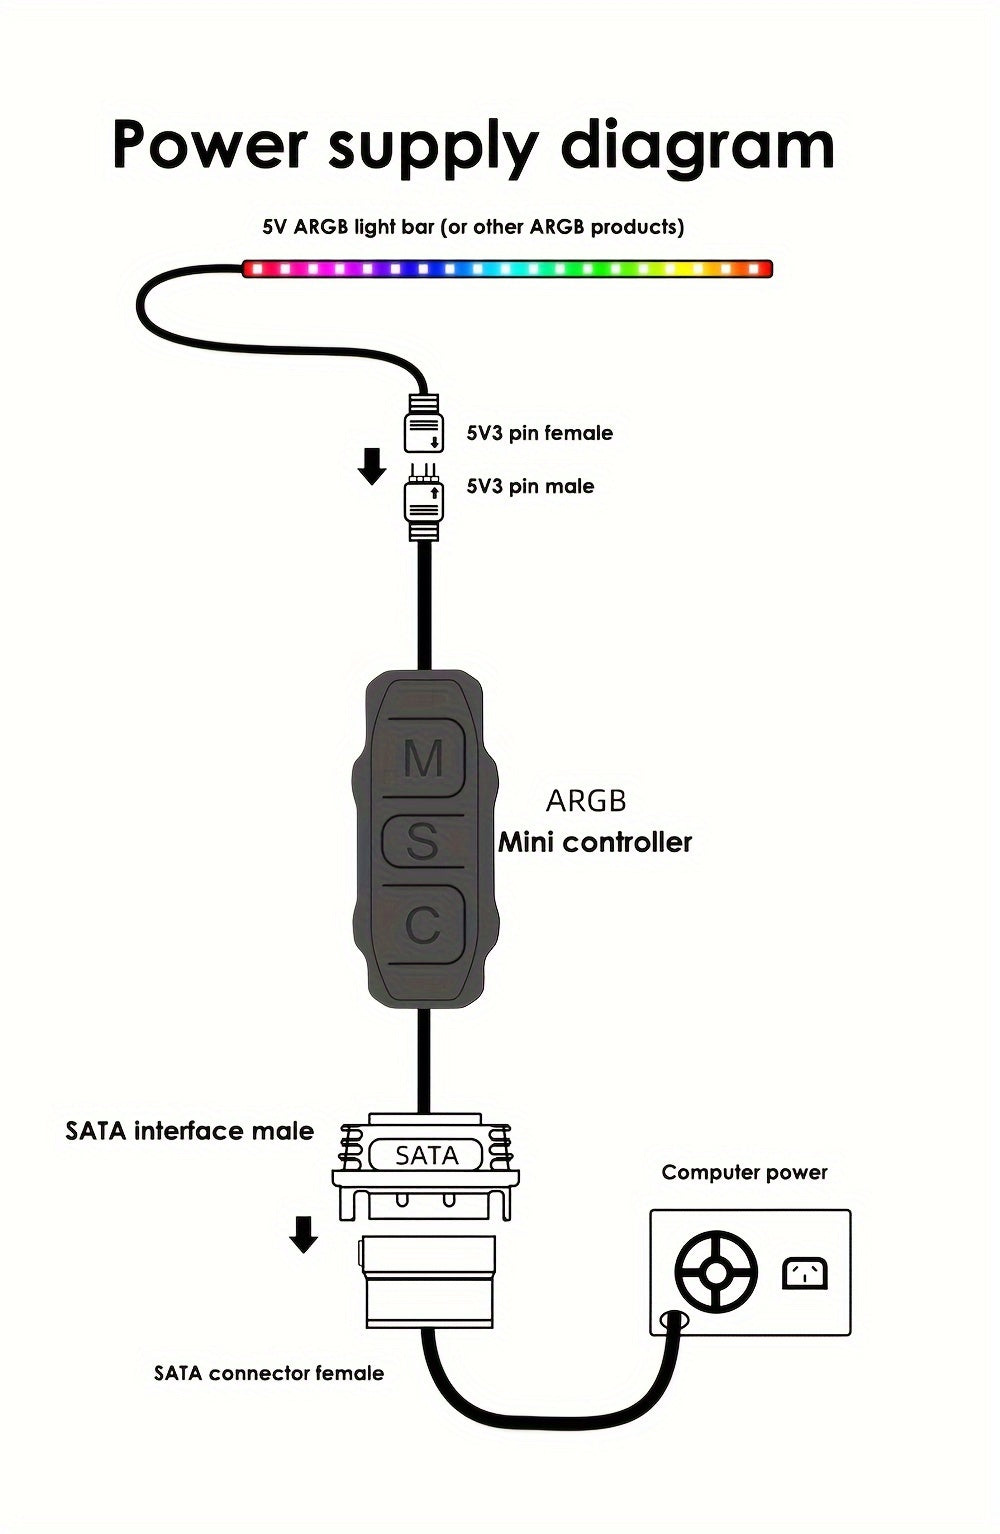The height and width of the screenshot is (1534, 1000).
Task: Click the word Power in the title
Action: click(209, 145)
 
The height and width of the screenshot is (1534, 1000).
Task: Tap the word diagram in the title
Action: click(697, 147)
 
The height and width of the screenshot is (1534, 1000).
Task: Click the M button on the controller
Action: click(424, 758)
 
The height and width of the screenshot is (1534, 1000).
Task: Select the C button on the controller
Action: click(424, 926)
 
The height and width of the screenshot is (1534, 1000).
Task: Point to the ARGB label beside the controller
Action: click(586, 801)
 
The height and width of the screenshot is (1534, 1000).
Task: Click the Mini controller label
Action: click(595, 842)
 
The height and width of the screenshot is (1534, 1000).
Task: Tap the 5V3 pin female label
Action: click(540, 433)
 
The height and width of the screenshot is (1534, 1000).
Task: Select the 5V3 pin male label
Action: click(530, 486)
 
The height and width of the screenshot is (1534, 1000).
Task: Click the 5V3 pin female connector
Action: click(423, 426)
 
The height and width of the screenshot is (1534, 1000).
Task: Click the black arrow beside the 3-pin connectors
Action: click(372, 466)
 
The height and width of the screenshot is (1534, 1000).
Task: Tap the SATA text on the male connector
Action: click(426, 1156)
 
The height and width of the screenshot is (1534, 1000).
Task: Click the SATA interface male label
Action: click(190, 1131)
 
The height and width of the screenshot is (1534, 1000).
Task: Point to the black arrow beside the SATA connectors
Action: click(303, 1234)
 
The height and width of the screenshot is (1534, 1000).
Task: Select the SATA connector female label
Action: click(269, 1373)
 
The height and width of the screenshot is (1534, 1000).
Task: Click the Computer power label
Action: click(744, 1172)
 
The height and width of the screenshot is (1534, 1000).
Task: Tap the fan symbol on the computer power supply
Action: click(716, 1273)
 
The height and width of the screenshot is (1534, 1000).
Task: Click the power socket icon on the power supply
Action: click(804, 1273)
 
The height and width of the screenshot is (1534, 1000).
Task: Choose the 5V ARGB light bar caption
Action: click(473, 227)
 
